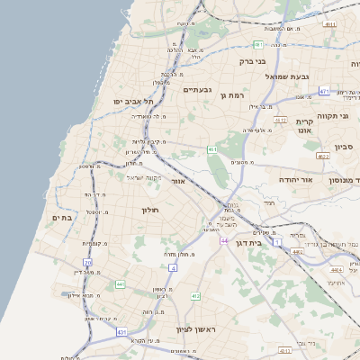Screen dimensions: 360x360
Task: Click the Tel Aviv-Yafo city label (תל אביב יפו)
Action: [126, 102]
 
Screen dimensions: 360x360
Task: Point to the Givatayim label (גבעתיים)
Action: [196, 89]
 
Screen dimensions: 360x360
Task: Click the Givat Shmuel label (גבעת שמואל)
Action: [288, 76]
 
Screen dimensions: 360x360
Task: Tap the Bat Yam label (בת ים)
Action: [61, 217]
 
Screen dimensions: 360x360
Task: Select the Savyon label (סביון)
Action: [344, 146]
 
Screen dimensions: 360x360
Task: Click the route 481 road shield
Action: [257, 44]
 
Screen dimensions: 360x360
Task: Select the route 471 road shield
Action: [324, 91]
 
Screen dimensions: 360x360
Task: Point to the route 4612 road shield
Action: [280, 119]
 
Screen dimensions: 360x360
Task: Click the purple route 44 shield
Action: [223, 241]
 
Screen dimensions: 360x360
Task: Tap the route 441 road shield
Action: [119, 284]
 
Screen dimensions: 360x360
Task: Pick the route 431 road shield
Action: [121, 333]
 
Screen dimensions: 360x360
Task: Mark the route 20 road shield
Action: [87, 263]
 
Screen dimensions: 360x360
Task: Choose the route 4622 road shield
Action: [322, 156]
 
